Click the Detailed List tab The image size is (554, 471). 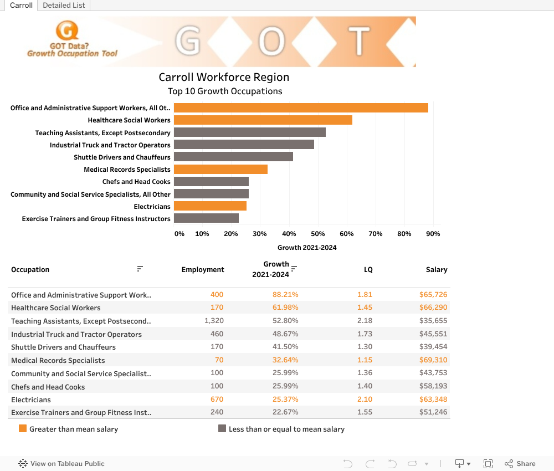(64, 6)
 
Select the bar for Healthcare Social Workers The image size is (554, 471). (263, 120)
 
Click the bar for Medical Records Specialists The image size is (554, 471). (220, 169)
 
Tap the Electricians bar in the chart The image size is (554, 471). (210, 206)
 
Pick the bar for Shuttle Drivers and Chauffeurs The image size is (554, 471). (233, 157)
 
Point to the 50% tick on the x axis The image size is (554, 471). (318, 234)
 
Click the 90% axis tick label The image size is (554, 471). (433, 234)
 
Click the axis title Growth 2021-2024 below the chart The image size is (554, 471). (307, 248)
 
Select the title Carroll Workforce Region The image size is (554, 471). (224, 77)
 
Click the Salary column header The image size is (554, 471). (437, 270)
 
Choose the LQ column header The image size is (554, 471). (368, 270)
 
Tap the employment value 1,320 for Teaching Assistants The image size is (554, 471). (214, 321)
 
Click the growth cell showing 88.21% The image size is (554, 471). (285, 295)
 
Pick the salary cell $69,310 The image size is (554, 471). (433, 360)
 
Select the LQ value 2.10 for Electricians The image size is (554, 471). (365, 400)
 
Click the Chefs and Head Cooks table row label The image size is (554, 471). (48, 387)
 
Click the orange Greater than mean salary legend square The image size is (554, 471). (23, 428)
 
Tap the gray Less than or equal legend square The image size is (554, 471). (222, 428)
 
